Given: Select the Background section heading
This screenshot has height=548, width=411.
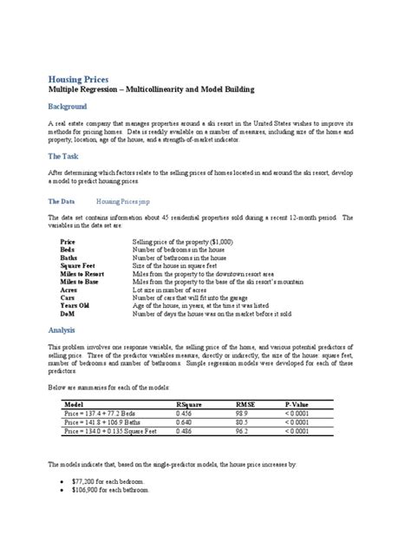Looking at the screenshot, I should (x=67, y=107).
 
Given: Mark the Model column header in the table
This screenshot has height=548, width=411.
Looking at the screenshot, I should (x=74, y=404).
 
